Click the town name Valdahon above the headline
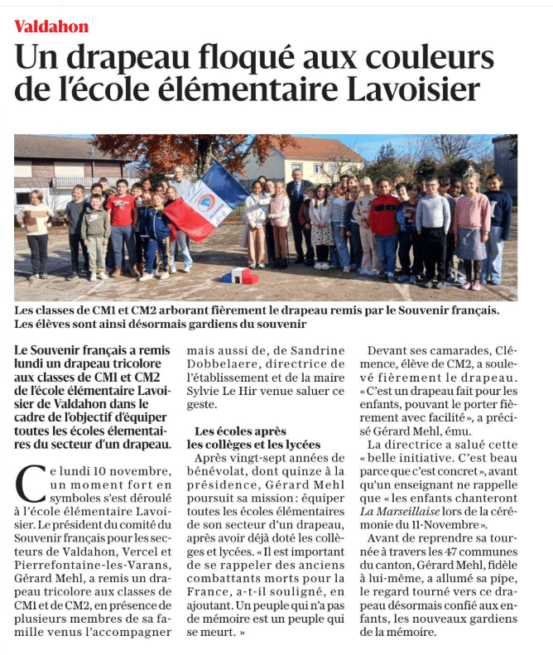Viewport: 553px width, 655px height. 51,26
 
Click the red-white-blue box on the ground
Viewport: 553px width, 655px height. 238,276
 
